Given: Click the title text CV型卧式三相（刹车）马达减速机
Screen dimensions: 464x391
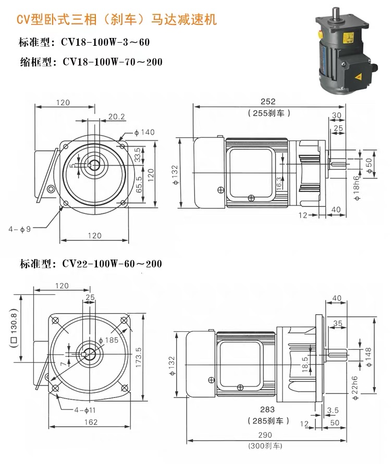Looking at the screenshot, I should [116, 20].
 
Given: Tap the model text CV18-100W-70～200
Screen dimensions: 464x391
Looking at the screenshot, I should [112, 62].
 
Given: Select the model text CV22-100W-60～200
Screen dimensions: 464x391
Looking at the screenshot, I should [112, 264].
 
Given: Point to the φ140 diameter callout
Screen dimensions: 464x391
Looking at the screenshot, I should [144, 132].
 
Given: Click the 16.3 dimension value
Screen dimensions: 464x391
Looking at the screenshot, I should [278, 183].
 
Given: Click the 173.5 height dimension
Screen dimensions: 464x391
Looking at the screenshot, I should [138, 357].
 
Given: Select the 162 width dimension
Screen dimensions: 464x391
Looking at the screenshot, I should [91, 422].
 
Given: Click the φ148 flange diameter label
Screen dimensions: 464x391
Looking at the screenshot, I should [369, 356].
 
